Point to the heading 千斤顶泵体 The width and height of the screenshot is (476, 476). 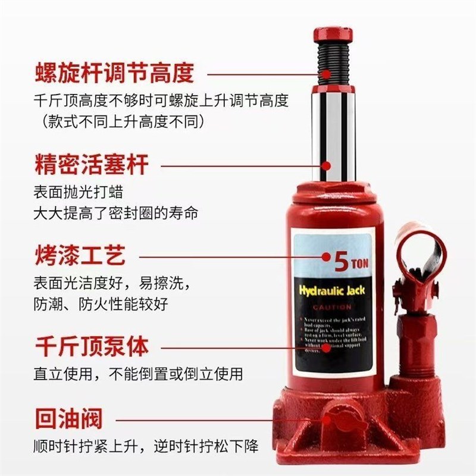(90, 346)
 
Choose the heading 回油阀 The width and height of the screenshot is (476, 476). (67, 418)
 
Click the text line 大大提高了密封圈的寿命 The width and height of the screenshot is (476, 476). (115, 212)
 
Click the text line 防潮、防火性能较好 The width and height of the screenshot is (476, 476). (101, 304)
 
